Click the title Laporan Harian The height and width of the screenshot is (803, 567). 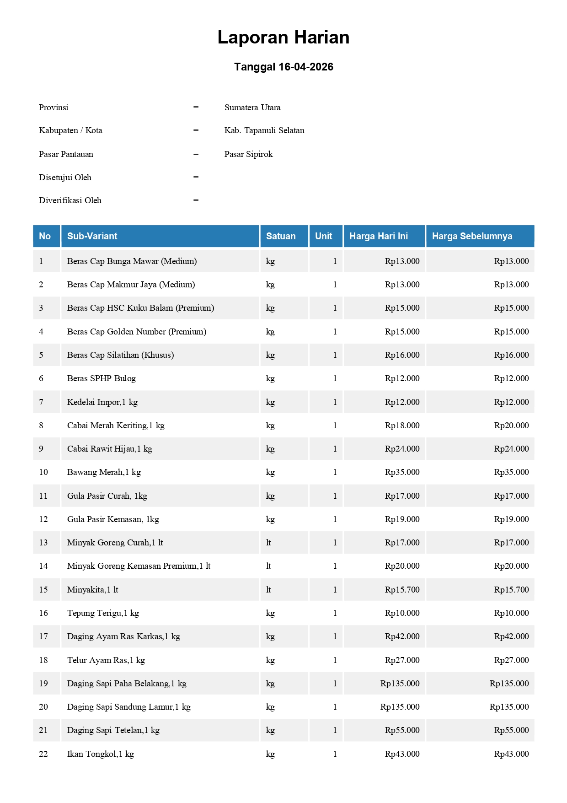283,38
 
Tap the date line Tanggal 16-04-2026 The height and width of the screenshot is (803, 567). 283,67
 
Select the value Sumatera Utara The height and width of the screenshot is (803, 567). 252,108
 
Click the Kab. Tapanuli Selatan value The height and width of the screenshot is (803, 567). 264,130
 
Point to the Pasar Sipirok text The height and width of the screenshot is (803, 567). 248,154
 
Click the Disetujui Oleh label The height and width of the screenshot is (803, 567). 65,178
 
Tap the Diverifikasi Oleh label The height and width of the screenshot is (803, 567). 70,200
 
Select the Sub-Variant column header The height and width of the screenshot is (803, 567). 92,236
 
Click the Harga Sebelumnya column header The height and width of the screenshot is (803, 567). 472,236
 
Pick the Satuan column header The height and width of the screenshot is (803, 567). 281,236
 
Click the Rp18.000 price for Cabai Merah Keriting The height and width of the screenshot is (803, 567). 402,426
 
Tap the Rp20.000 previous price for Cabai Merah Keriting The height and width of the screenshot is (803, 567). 511,426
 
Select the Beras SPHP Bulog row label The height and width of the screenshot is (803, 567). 102,378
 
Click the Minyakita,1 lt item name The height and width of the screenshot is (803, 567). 93,590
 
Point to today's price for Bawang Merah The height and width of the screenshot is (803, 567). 402,472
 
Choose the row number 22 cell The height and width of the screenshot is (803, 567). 43,754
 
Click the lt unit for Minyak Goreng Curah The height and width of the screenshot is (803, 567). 268,543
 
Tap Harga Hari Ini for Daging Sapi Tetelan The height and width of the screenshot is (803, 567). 402,730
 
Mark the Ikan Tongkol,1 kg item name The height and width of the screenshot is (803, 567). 101,754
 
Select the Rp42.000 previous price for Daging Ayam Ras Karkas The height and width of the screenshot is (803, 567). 511,636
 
